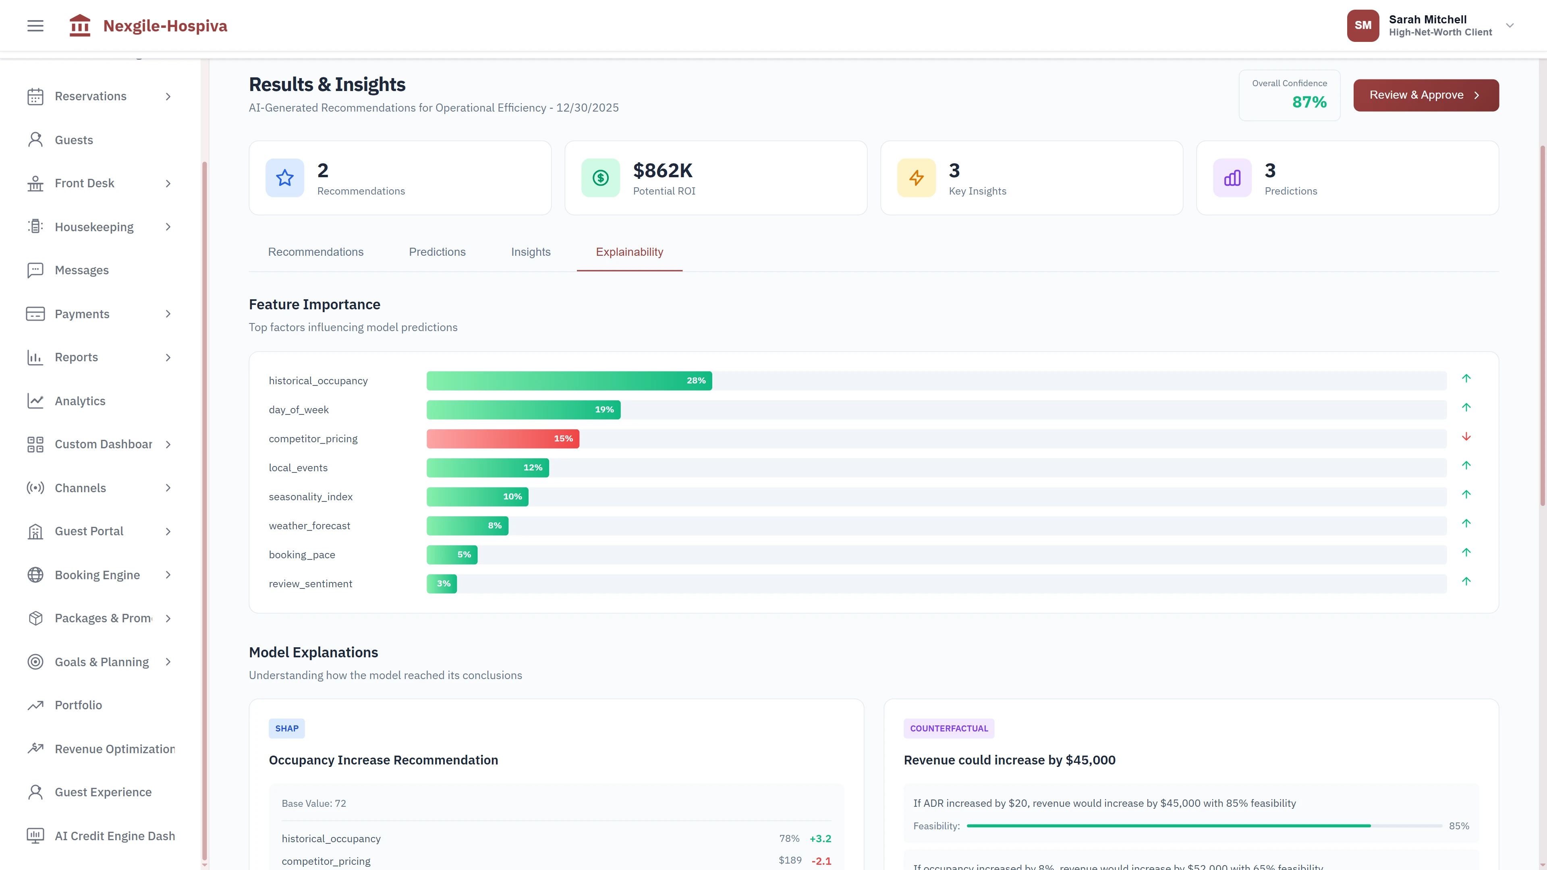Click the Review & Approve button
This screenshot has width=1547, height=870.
[x=1425, y=95]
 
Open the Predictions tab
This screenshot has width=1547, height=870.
[x=437, y=252]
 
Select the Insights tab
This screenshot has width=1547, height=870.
[x=530, y=252]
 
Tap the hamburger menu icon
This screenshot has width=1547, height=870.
[x=35, y=26]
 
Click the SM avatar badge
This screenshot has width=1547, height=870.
[x=1362, y=26]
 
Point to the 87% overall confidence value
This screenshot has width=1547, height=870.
[x=1309, y=102]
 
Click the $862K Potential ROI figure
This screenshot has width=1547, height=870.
[x=662, y=170]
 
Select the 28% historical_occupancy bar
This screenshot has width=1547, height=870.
[x=569, y=381]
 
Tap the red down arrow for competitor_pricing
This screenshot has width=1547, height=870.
[x=1466, y=437]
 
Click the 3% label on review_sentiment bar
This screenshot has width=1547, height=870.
[x=443, y=584]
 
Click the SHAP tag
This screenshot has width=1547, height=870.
[x=286, y=728]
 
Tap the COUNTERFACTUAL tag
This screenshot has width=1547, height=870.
[x=948, y=728]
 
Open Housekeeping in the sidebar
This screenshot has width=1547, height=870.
[x=94, y=227]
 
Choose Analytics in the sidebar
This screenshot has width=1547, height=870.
[x=80, y=401]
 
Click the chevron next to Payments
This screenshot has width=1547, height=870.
[x=168, y=314]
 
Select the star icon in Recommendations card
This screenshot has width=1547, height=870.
[x=285, y=178]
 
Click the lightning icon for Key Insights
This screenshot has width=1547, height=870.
[x=916, y=178]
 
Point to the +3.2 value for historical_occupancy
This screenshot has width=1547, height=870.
[x=820, y=839]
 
